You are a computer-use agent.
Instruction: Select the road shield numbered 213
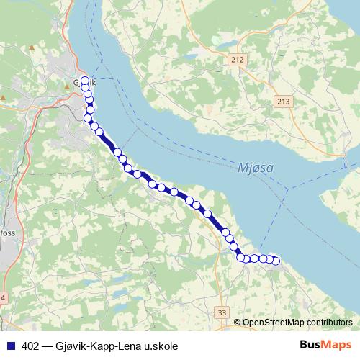(x=283, y=103)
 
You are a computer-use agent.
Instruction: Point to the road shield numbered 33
(x=221, y=312)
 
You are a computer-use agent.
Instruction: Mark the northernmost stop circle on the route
(x=85, y=81)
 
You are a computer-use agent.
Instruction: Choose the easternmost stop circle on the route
(x=274, y=261)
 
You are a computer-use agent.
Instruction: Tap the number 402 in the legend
(x=30, y=346)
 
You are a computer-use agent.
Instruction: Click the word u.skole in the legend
(x=159, y=346)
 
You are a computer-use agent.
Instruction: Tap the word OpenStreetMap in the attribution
(x=273, y=323)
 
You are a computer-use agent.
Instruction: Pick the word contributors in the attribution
(x=330, y=323)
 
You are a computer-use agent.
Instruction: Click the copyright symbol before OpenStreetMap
(x=237, y=323)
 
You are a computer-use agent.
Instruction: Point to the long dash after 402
(x=47, y=346)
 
